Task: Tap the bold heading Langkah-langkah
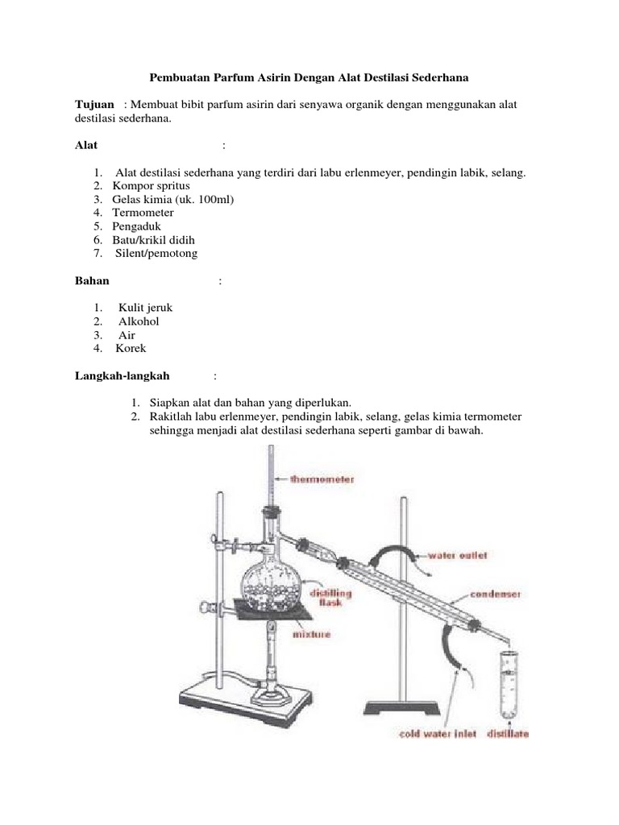point(122,375)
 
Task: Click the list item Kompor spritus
point(151,186)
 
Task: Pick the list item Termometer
point(143,213)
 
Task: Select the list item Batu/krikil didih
point(153,240)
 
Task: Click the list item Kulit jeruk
point(145,308)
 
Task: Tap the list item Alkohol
point(139,321)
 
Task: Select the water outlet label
point(456,555)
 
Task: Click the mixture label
point(310,635)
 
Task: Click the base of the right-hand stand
point(401,708)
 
